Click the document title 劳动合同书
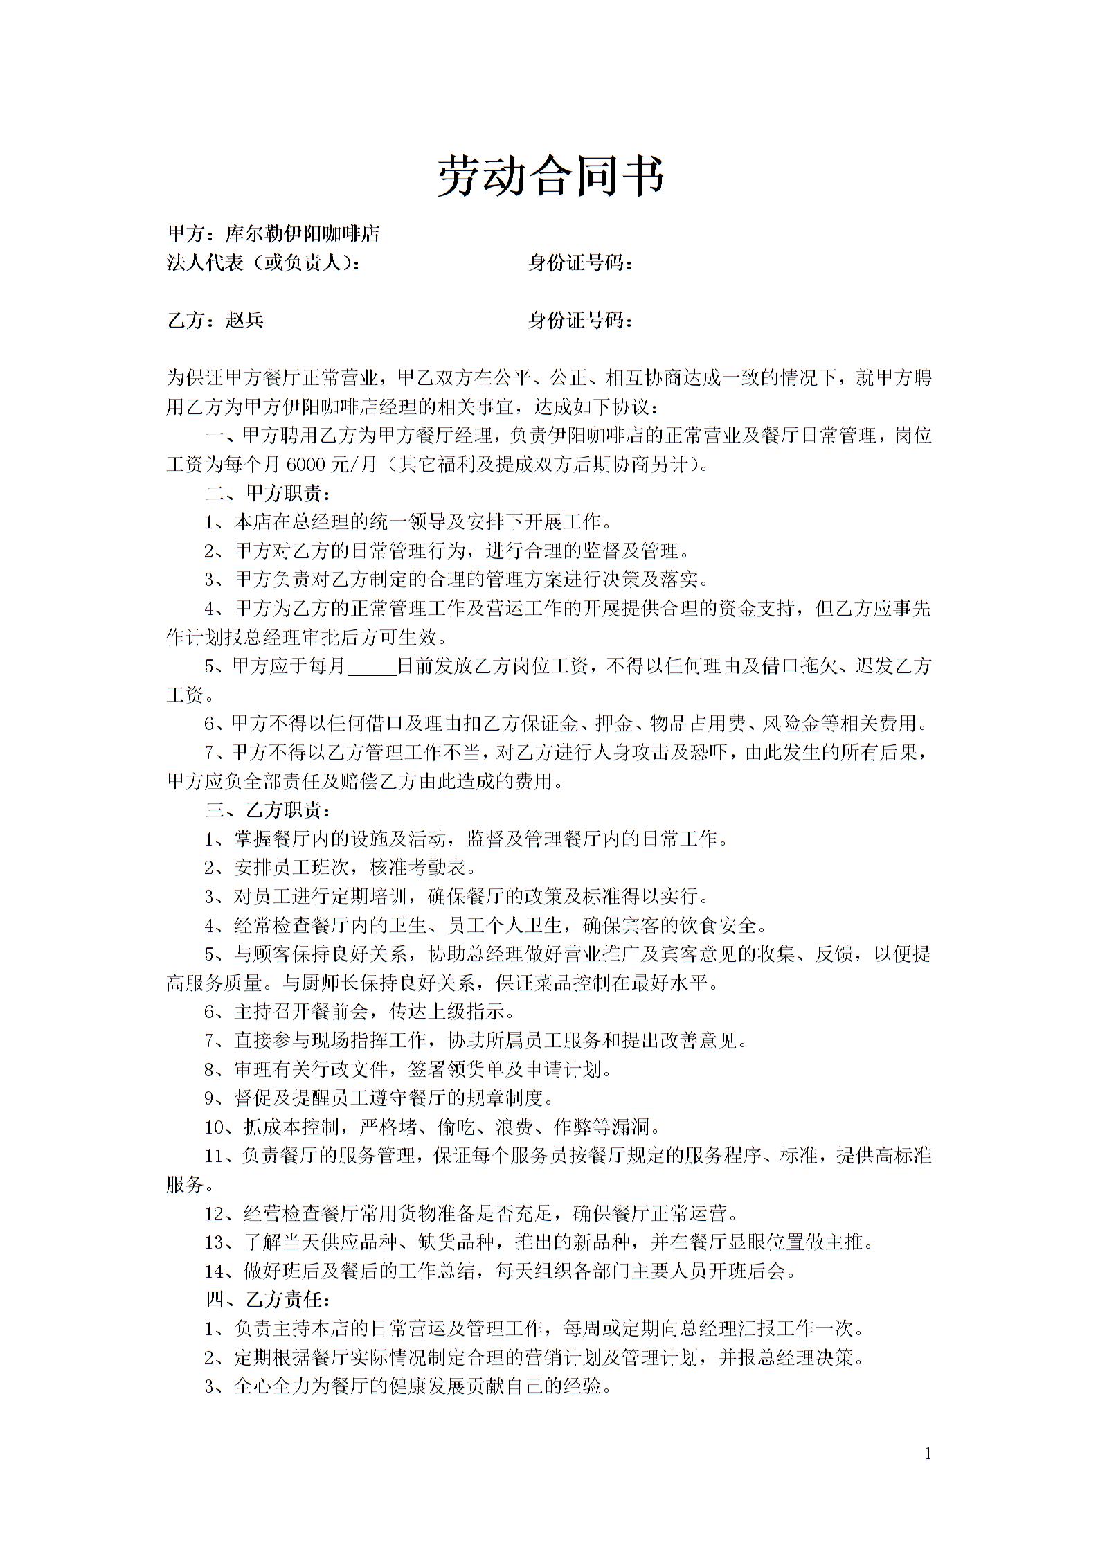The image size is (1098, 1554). (550, 176)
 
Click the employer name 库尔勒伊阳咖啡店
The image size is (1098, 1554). (303, 234)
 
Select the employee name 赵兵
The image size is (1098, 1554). (244, 320)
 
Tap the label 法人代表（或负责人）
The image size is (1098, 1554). (263, 263)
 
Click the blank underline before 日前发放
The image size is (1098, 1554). (372, 666)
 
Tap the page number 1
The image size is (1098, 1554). (928, 1434)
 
